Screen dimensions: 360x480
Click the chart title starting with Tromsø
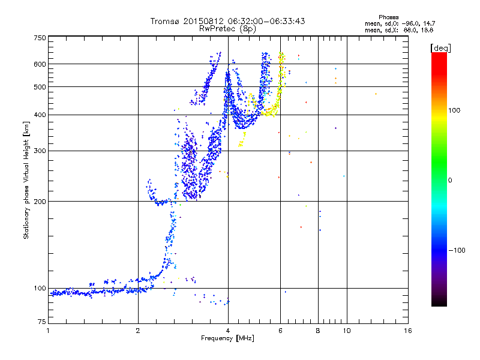(228, 21)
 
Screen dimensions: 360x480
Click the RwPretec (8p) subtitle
(228, 28)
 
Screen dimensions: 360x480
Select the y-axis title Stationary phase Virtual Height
(26, 180)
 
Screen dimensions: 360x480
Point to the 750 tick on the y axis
(40, 38)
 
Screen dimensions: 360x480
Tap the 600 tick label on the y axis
(40, 64)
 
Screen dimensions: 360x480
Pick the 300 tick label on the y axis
(40, 151)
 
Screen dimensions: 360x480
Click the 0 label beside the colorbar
(451, 180)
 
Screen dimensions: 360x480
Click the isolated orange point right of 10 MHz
(376, 94)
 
